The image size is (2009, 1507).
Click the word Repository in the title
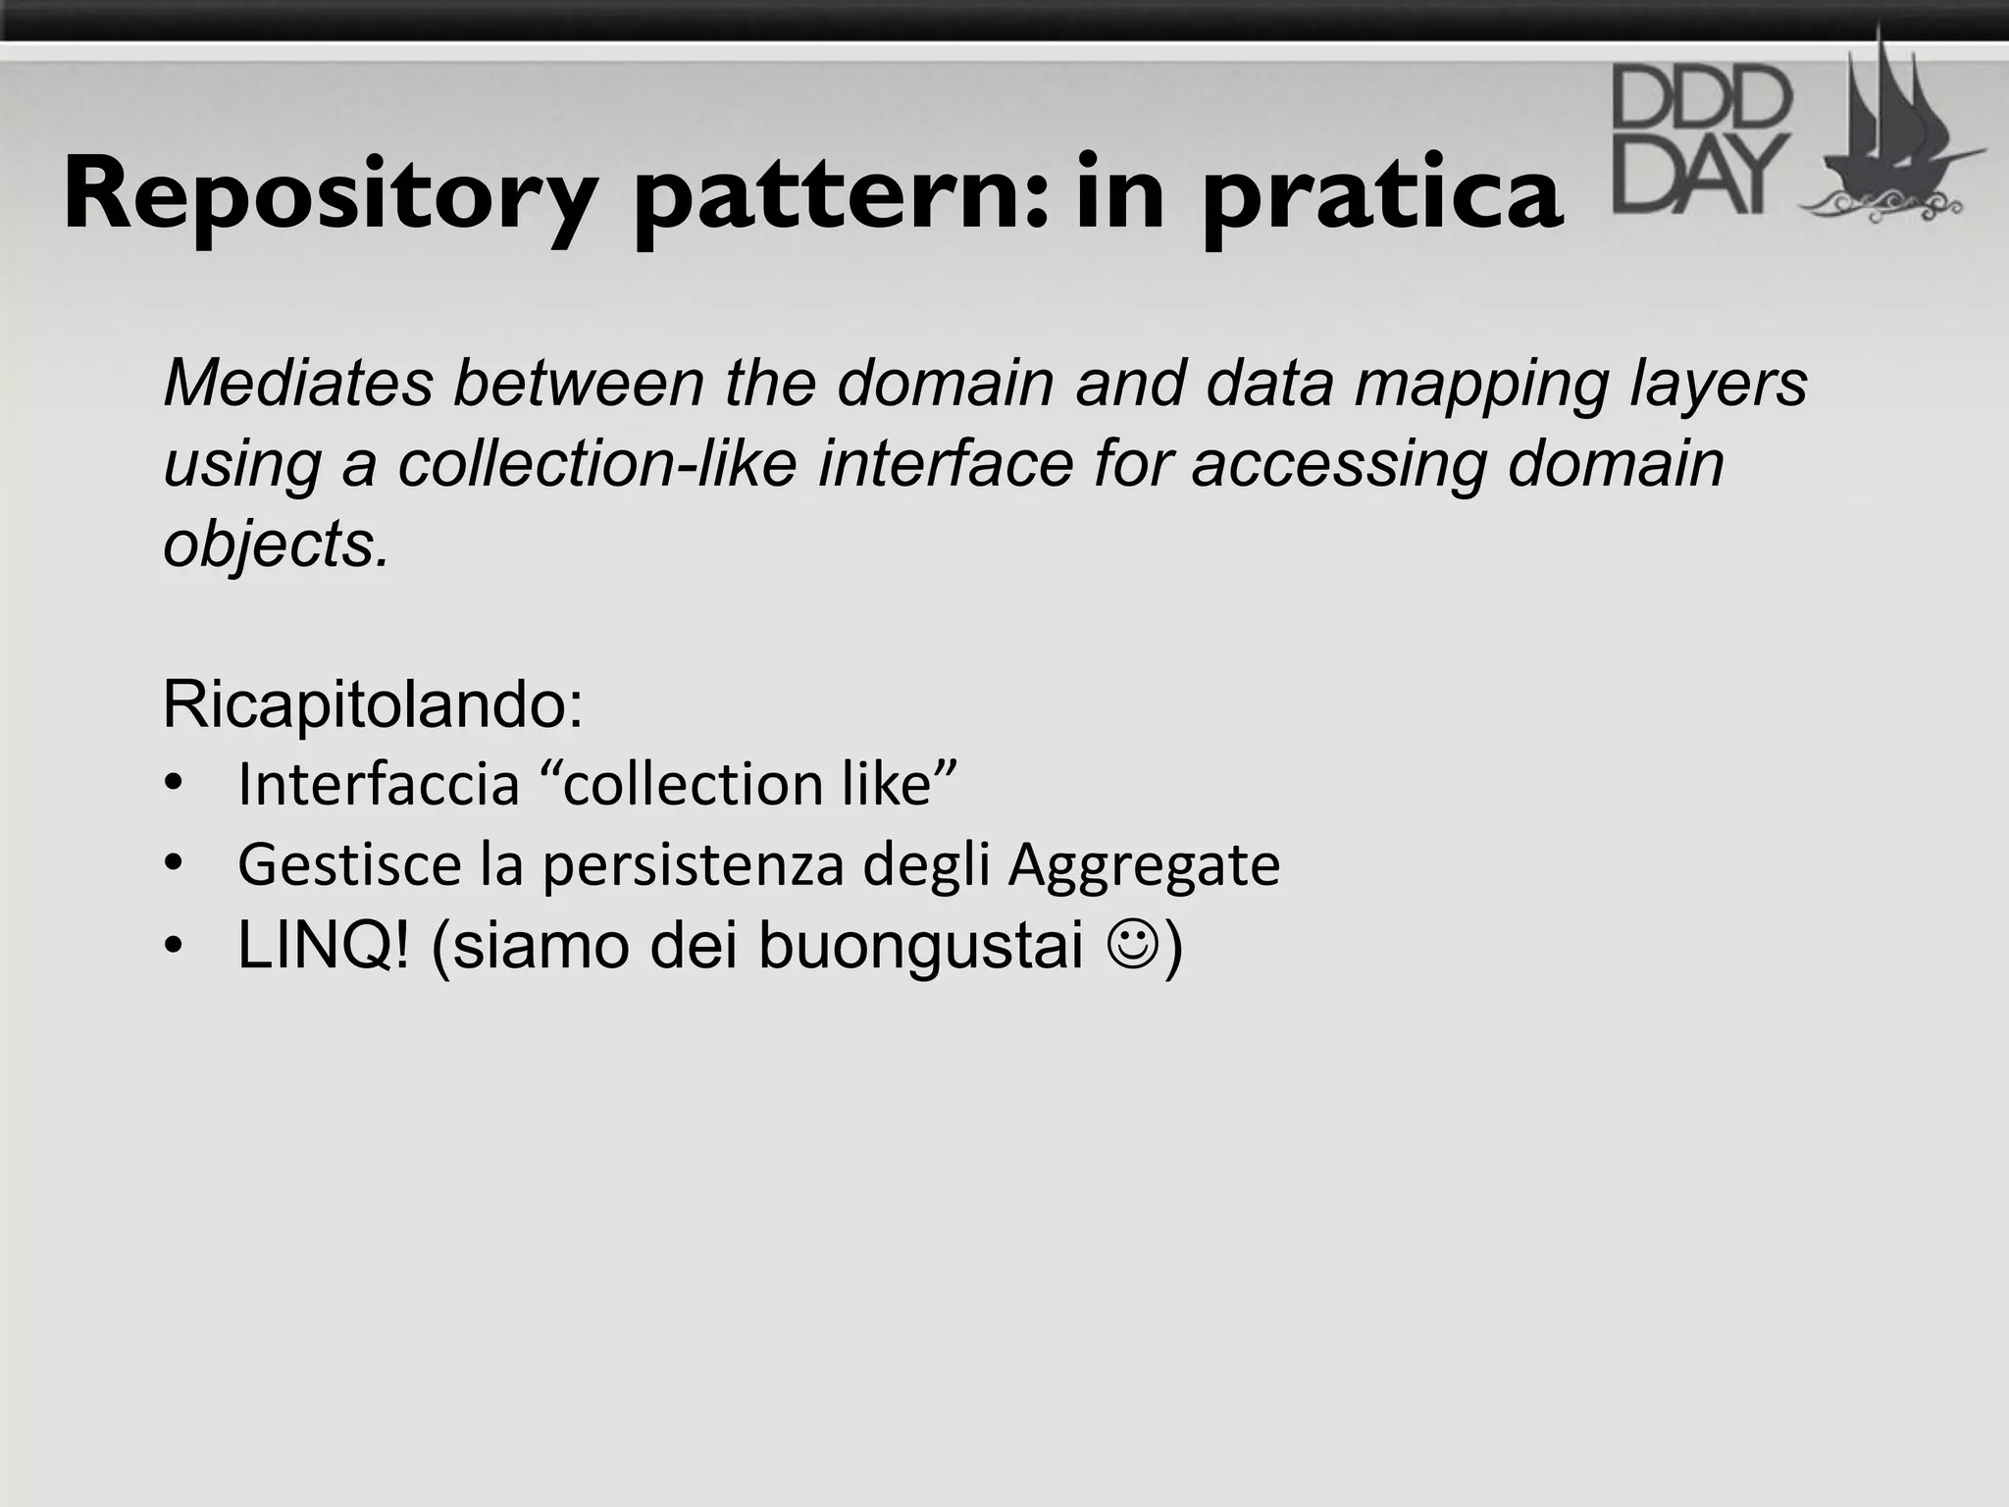(330, 196)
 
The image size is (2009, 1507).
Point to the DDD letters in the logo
(1702, 98)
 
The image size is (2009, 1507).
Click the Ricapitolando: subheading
(373, 704)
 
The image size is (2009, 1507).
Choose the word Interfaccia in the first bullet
(379, 784)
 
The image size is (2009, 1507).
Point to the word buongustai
(921, 948)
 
